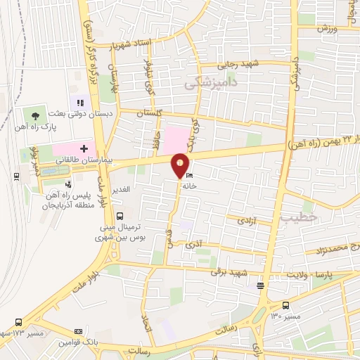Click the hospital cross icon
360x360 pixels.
(84, 149)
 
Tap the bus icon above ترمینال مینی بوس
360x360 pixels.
(120, 216)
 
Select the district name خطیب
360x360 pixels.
(295, 219)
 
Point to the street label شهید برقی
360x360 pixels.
(233, 273)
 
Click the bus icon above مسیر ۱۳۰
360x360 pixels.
(285, 305)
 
